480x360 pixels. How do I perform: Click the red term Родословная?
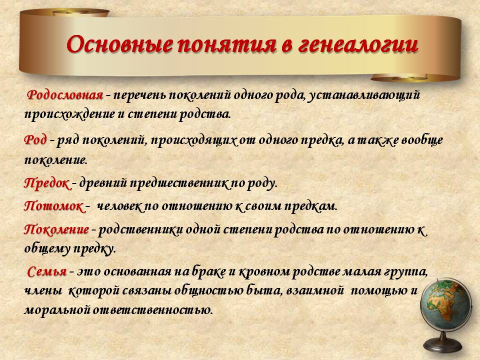[x=65, y=95]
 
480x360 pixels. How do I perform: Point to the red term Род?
[x=35, y=140]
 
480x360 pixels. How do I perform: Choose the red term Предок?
[x=47, y=184]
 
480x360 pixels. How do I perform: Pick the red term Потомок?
[x=53, y=206]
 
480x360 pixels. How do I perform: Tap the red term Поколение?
[x=56, y=229]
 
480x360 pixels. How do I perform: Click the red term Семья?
[x=47, y=271]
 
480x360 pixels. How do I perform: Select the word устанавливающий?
[x=363, y=95]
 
